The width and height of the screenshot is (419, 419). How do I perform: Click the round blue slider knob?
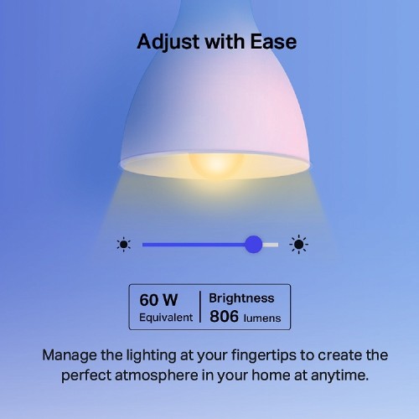tap(253, 245)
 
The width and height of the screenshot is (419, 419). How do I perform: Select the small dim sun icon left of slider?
tap(124, 245)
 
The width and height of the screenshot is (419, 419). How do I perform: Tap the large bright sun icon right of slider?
tap(298, 245)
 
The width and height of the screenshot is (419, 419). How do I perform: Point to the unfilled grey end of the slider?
tap(271, 245)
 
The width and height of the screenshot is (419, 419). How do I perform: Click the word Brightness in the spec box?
tap(241, 297)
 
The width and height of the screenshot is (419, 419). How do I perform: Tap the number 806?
tap(223, 317)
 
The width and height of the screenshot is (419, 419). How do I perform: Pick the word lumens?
tap(262, 318)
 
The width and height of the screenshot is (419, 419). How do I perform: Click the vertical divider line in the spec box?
tap(200, 308)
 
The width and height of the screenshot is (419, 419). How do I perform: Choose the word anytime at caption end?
tap(335, 375)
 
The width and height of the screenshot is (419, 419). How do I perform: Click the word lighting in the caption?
tap(147, 354)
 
